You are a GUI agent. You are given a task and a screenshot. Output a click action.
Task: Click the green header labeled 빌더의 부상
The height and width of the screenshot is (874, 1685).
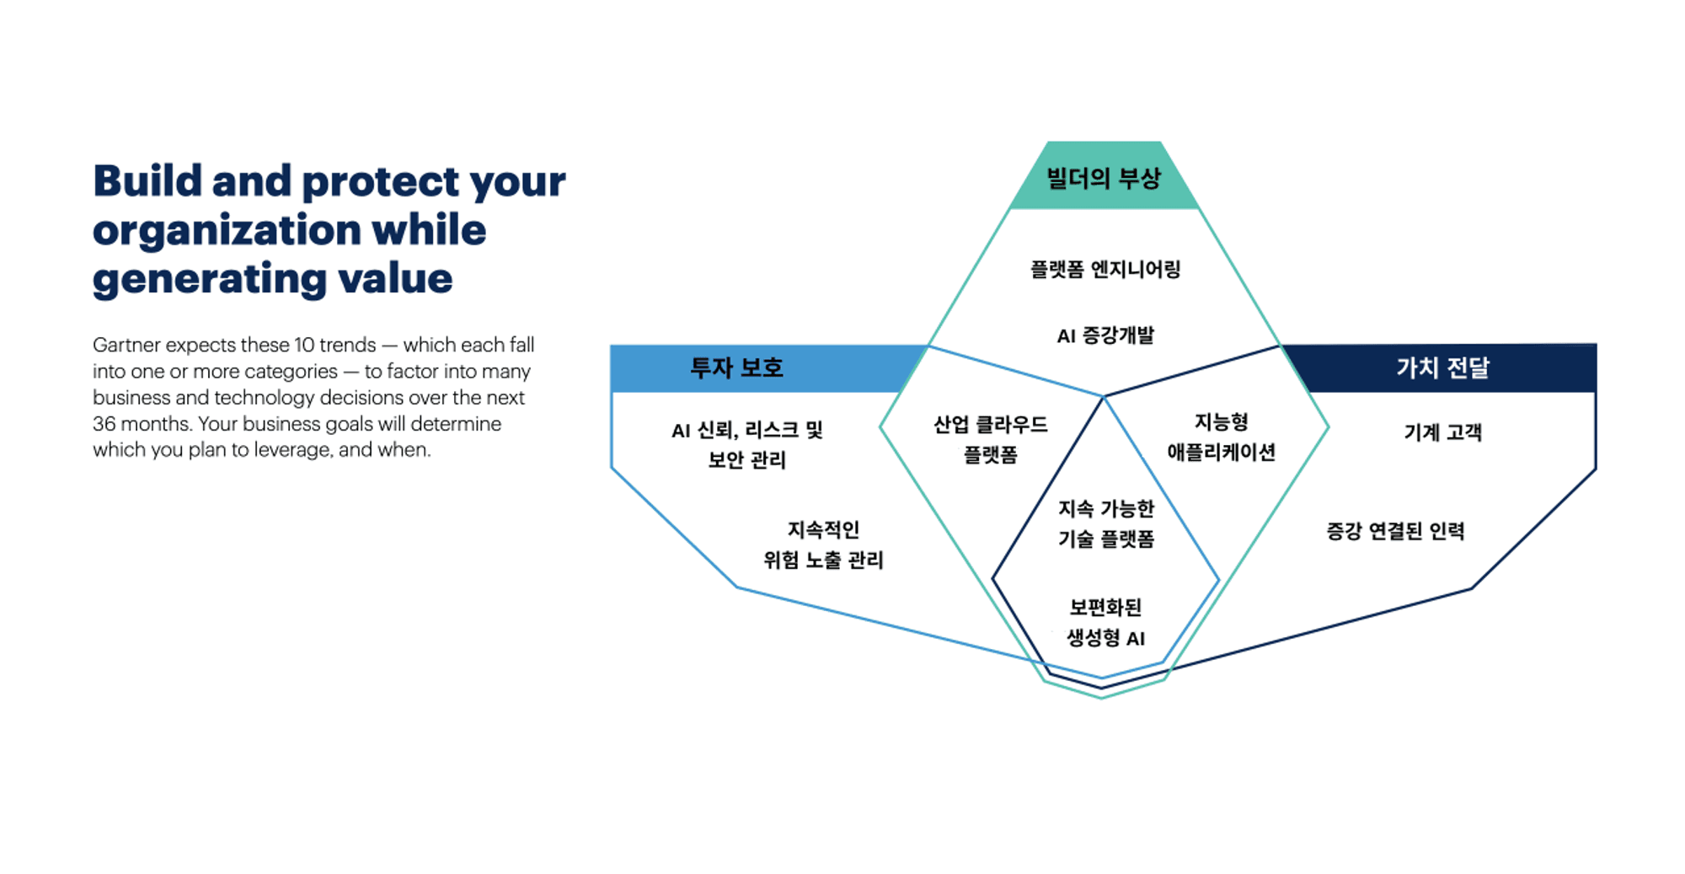pyautogui.click(x=1104, y=175)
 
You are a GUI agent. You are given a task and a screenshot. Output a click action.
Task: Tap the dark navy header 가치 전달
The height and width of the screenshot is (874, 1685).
pyautogui.click(x=1442, y=368)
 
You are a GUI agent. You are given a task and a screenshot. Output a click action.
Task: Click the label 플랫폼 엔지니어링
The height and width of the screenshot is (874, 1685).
pyautogui.click(x=1105, y=270)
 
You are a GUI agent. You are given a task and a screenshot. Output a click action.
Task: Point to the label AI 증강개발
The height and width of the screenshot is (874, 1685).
pyautogui.click(x=1105, y=335)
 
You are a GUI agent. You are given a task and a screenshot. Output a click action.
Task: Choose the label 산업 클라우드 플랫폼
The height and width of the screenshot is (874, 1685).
pyautogui.click(x=991, y=439)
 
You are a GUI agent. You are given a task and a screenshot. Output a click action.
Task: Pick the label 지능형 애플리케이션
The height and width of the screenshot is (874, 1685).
pyautogui.click(x=1221, y=437)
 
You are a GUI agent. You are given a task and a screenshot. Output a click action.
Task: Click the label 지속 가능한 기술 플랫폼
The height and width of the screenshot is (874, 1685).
pyautogui.click(x=1106, y=523)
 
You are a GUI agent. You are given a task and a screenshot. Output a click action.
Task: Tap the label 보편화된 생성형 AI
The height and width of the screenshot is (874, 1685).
pyautogui.click(x=1106, y=622)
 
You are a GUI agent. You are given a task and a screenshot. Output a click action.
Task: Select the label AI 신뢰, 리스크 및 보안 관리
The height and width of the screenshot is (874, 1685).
pyautogui.click(x=747, y=444)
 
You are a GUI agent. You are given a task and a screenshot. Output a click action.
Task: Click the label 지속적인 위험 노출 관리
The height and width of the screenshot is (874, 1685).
pyautogui.click(x=823, y=544)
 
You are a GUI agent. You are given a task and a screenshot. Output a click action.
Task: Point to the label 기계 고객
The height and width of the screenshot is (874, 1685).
pyautogui.click(x=1442, y=432)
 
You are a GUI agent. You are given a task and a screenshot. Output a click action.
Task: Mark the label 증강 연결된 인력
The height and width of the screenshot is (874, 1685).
pyautogui.click(x=1395, y=531)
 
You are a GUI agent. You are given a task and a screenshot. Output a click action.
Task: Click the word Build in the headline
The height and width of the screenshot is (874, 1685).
pyautogui.click(x=147, y=180)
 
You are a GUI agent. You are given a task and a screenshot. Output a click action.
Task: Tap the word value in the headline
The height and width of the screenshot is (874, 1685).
pyautogui.click(x=395, y=278)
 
